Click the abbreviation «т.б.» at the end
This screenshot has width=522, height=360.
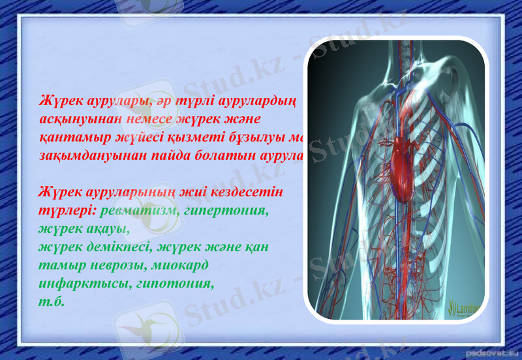pyautogui.click(x=52, y=303)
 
